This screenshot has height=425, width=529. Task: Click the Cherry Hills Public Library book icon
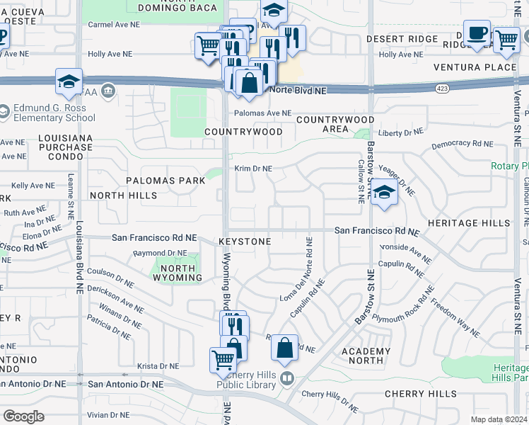286,378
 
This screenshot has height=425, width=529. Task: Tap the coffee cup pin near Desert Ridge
477,34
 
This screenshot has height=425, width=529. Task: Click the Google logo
23,416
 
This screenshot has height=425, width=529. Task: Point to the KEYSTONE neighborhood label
245,242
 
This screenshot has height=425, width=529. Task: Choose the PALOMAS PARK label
165,181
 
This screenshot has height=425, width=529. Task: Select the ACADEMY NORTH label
366,356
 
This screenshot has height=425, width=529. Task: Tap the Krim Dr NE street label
254,169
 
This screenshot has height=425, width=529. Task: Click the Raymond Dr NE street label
161,253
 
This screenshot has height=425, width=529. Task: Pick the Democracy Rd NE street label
462,144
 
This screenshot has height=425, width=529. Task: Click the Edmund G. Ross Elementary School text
54,113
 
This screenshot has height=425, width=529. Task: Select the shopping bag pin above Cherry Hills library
284,348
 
